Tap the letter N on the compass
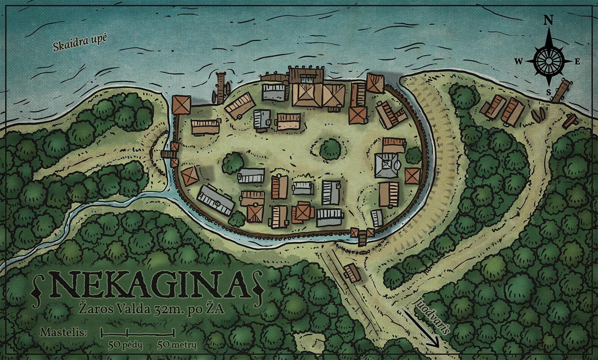[x=548, y=21]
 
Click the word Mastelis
[x=64, y=332]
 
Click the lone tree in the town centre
[x=330, y=149]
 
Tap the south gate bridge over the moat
[x=362, y=238]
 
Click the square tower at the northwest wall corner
[x=181, y=105]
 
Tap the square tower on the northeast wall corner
[x=375, y=84]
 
